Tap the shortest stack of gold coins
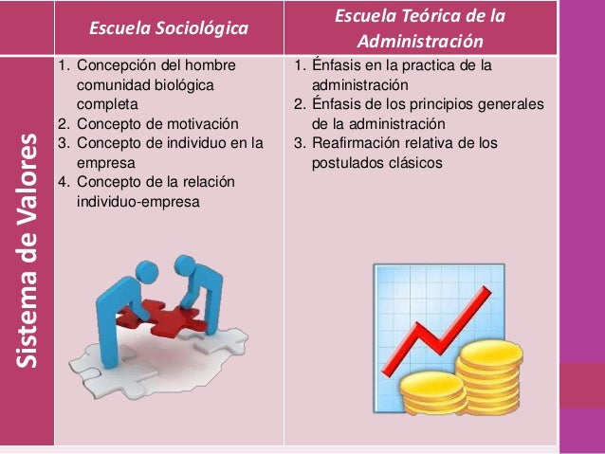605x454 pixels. pyautogui.click(x=432, y=394)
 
